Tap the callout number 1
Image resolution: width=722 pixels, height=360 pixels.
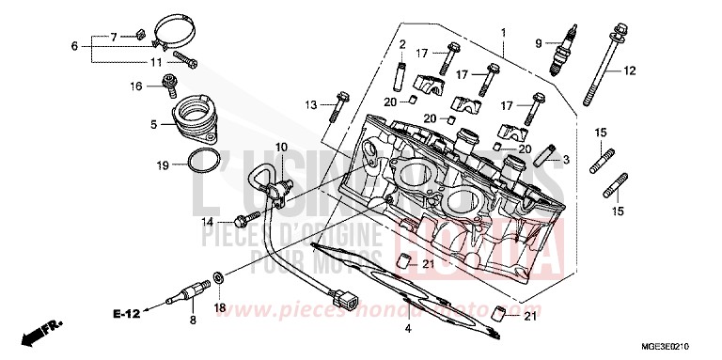point(502,32)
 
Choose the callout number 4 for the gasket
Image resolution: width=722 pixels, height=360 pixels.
point(407,328)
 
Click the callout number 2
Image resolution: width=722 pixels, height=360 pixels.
point(400,44)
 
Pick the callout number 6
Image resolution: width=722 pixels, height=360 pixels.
point(74,46)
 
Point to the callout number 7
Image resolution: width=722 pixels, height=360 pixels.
point(114,37)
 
